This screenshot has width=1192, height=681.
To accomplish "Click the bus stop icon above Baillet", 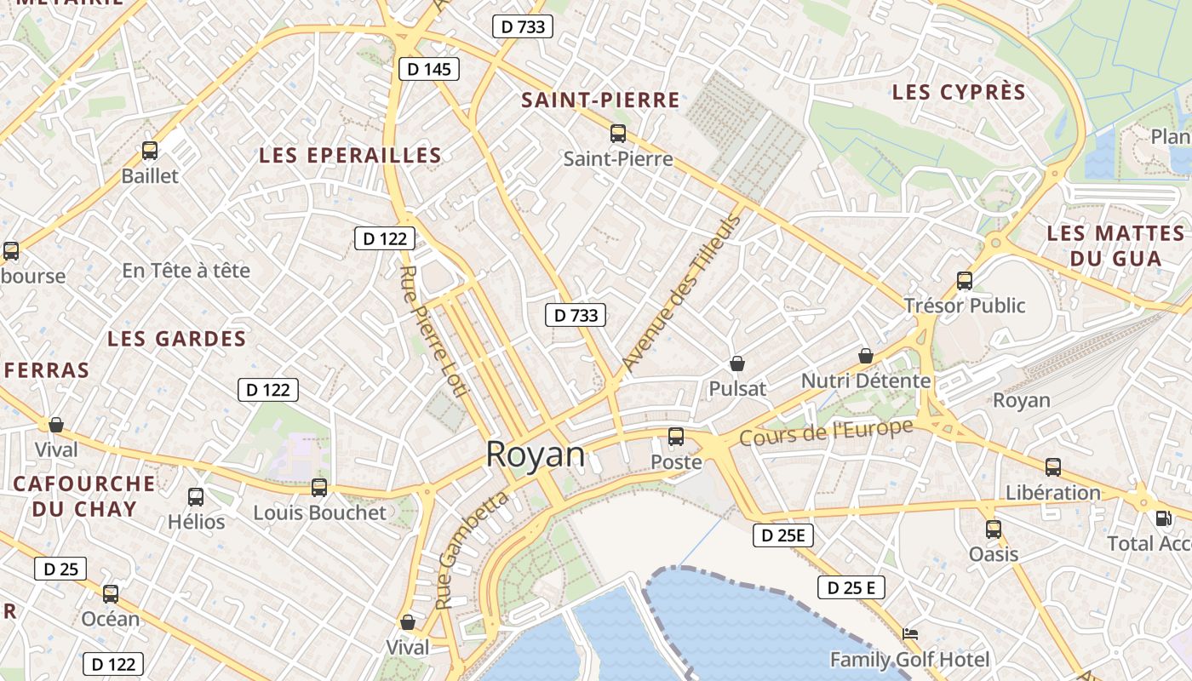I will (150, 151).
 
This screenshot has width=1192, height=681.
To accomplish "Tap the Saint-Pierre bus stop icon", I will (618, 134).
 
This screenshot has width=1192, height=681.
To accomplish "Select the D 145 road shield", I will (429, 69).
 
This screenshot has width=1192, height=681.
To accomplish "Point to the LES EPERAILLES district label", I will (350, 156).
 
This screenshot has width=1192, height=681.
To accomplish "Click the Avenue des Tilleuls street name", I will (680, 292).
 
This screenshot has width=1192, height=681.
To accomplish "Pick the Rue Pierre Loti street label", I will (433, 331).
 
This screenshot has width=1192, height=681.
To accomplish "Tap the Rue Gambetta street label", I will (472, 549).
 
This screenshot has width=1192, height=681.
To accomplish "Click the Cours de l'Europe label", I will (825, 432).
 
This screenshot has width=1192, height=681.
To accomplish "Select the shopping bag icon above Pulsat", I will (737, 363).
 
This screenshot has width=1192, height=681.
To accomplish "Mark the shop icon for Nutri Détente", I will (866, 356).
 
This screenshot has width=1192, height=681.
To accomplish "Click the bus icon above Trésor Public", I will (965, 280).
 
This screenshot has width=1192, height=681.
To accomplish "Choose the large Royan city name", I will (536, 455).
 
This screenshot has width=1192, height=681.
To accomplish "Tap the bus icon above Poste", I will (676, 437).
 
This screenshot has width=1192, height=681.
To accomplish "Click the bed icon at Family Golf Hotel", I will (910, 634).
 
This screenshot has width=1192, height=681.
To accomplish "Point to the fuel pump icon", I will (1163, 518).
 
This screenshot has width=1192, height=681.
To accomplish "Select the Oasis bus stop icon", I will (994, 529).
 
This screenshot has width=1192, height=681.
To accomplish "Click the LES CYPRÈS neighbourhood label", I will (959, 93).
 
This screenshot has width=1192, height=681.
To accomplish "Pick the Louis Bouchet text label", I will (319, 513).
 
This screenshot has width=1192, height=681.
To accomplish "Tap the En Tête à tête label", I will (186, 271).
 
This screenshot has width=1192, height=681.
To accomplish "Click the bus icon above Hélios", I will (196, 496).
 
